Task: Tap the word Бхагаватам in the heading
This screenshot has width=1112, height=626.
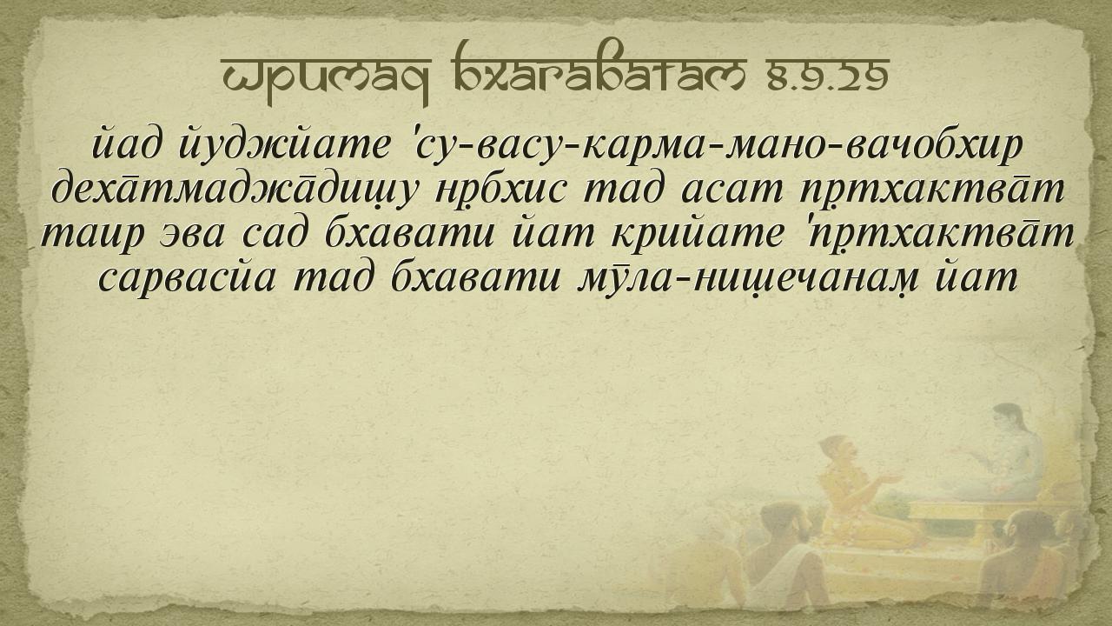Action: coord(600,69)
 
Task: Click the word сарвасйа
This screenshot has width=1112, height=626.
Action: coord(187,279)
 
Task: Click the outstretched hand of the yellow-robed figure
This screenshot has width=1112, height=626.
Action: coord(890,479)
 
